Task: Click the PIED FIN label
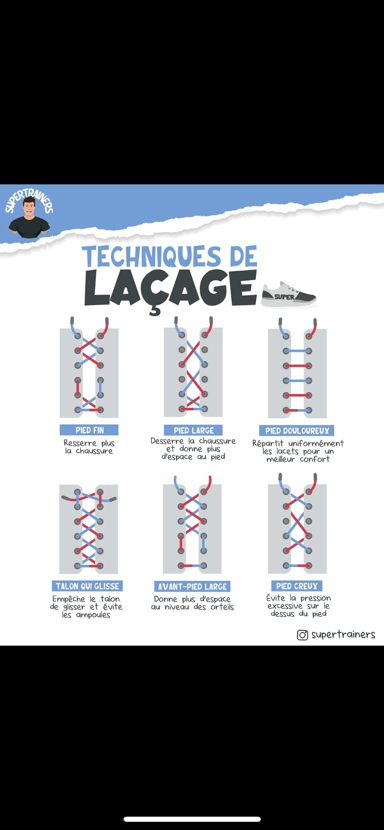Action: pos(89,430)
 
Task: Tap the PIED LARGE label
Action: pos(193,430)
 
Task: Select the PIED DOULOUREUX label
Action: pos(297,431)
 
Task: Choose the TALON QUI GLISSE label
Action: pos(87,586)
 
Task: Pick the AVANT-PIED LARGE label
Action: pos(192,586)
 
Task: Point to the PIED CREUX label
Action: pos(297,586)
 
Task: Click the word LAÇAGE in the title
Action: pos(170,289)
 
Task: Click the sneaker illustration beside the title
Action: pos(289,295)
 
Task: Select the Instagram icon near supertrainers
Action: pos(302,635)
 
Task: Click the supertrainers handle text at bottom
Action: pos(343,635)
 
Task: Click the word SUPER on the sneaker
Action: pos(284,297)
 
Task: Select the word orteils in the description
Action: pos(222,607)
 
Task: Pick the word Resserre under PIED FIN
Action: pos(80,443)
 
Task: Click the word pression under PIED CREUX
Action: pos(315,599)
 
